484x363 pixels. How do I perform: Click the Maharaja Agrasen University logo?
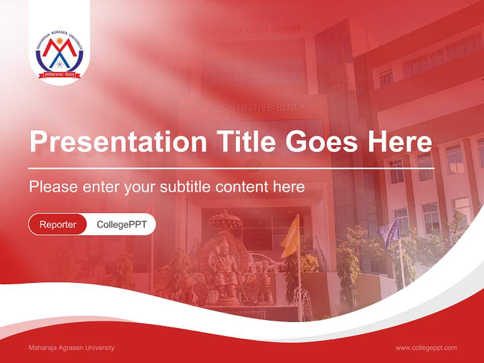point(59,56)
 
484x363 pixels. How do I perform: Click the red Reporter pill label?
point(58,224)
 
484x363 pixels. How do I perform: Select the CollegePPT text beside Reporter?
point(122,224)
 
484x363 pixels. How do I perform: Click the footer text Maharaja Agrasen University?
point(72,347)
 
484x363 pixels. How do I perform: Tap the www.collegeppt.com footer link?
point(426,347)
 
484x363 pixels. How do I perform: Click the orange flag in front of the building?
point(291,236)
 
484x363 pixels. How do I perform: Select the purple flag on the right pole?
point(389,232)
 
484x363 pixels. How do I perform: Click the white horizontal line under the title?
point(231,168)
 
